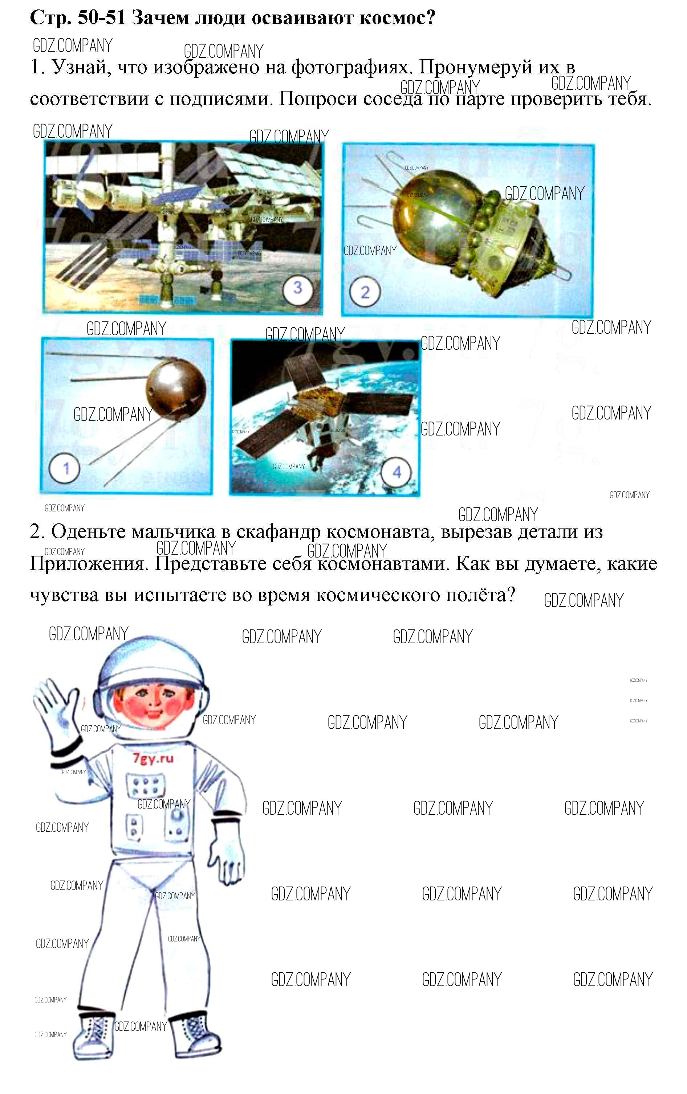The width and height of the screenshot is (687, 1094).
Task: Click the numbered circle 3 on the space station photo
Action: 297,287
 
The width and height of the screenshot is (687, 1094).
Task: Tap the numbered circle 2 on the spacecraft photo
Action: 365,292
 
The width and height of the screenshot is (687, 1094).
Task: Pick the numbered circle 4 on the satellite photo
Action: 397,473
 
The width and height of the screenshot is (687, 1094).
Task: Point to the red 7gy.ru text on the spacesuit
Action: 153,758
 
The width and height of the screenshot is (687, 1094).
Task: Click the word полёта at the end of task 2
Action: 475,594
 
